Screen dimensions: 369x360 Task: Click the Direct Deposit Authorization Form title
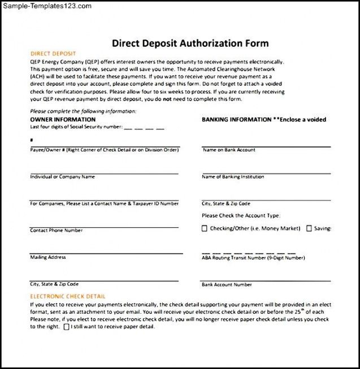point(190,44)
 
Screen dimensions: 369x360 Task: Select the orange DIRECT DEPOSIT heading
point(49,54)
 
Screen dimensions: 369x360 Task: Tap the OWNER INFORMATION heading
point(63,120)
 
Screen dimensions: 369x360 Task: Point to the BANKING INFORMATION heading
point(236,120)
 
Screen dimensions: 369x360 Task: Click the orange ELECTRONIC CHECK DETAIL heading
point(68,296)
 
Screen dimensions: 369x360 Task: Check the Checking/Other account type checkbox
point(205,229)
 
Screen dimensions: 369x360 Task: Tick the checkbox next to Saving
point(309,229)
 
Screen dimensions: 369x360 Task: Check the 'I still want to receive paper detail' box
point(67,327)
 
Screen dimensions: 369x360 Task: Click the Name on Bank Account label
point(229,150)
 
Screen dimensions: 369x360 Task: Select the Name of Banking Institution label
point(233,177)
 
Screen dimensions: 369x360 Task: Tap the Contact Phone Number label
point(56,231)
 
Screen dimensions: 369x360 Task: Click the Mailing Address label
point(47,257)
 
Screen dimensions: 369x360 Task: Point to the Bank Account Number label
point(227,284)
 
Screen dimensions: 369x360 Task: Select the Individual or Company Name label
point(62,177)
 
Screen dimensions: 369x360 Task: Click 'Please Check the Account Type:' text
point(241,215)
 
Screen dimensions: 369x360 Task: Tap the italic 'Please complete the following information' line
point(83,112)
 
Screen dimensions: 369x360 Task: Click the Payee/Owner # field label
point(104,150)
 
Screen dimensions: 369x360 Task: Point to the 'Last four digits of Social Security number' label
point(76,127)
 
